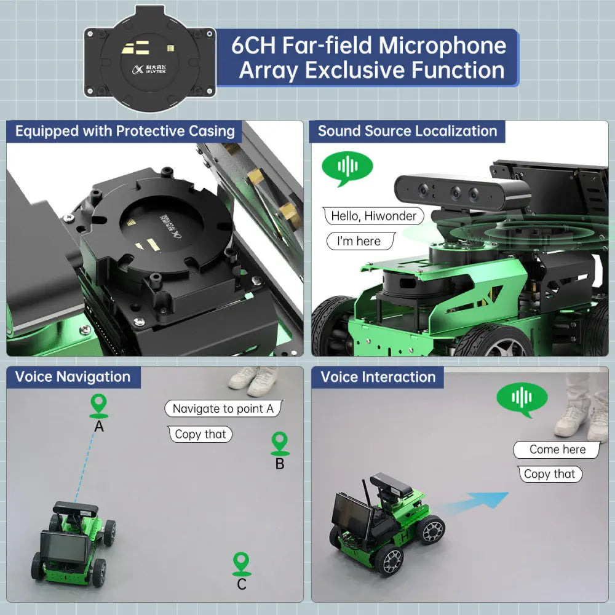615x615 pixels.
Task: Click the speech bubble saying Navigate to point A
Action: pyautogui.click(x=223, y=409)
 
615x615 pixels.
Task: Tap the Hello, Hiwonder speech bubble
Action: pyautogui.click(x=373, y=216)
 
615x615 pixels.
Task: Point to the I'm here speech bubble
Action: pyautogui.click(x=359, y=241)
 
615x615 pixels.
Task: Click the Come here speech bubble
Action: pyautogui.click(x=557, y=450)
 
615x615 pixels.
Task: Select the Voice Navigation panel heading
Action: pyautogui.click(x=73, y=377)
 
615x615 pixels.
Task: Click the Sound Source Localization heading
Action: pyautogui.click(x=407, y=131)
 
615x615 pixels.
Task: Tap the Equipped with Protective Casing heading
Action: pyautogui.click(x=125, y=131)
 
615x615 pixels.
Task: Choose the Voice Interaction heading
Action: pyautogui.click(x=378, y=377)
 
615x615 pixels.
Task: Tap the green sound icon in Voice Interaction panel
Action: pyautogui.click(x=522, y=397)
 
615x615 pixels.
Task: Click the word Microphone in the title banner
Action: pyautogui.click(x=442, y=46)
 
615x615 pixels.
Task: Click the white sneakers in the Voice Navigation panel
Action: pyautogui.click(x=253, y=381)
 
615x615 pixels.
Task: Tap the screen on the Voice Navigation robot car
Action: pyautogui.click(x=63, y=547)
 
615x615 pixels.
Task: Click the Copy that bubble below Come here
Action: pyautogui.click(x=549, y=474)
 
